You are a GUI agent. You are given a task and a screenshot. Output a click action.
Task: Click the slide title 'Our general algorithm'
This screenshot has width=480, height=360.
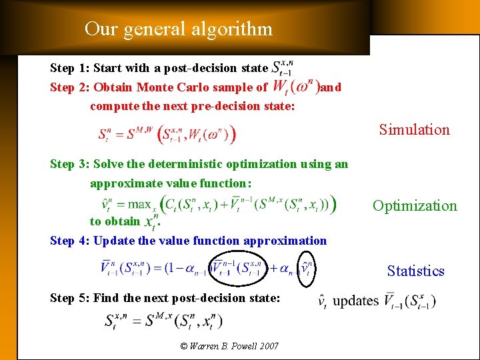pyautogui.click(x=179, y=29)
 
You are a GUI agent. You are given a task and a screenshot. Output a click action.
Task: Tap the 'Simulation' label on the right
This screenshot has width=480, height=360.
pyautogui.click(x=414, y=129)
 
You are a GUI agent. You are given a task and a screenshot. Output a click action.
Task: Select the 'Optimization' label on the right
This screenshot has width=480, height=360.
pyautogui.click(x=415, y=205)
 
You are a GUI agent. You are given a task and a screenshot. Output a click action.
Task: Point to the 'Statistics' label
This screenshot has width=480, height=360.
pyautogui.click(x=415, y=271)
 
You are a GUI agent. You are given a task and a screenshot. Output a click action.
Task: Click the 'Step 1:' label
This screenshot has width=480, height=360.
pyautogui.click(x=70, y=68)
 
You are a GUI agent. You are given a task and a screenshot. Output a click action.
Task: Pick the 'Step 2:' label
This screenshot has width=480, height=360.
pyautogui.click(x=70, y=87)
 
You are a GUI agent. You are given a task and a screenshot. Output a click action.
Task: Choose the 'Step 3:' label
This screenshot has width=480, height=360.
pyautogui.click(x=70, y=164)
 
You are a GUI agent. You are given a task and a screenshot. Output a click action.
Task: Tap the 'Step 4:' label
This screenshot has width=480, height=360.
pyautogui.click(x=70, y=241)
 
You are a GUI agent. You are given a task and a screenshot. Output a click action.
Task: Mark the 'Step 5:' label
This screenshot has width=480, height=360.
pyautogui.click(x=70, y=298)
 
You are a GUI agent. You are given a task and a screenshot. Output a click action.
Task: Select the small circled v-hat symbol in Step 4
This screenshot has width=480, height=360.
pyautogui.click(x=306, y=269)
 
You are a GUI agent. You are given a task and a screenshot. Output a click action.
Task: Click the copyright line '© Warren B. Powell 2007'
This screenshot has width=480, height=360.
pyautogui.click(x=229, y=346)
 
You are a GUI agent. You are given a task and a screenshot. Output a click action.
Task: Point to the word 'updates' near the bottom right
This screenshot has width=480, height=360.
pyautogui.click(x=355, y=301)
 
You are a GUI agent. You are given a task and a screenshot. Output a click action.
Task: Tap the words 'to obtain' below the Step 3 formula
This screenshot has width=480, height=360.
pyautogui.click(x=115, y=221)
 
